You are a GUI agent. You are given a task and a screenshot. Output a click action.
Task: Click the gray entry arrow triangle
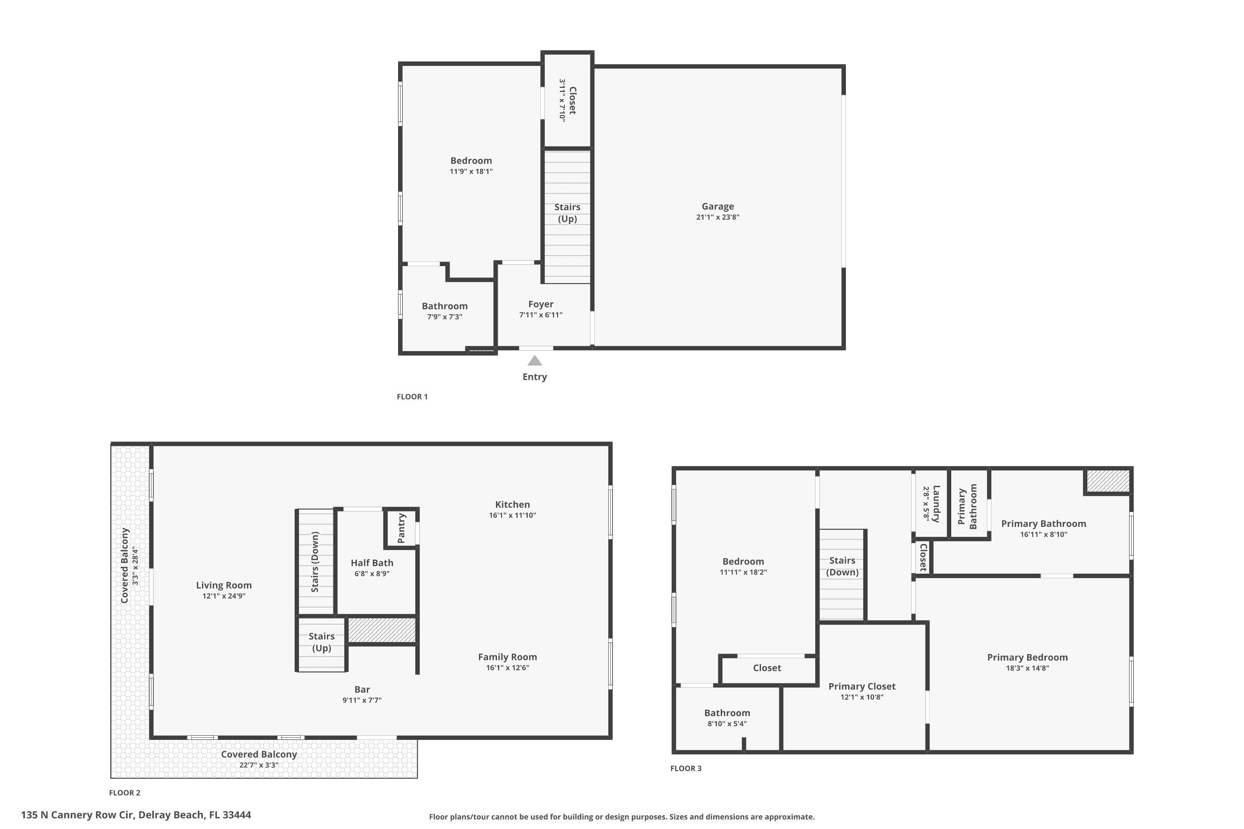(535, 361)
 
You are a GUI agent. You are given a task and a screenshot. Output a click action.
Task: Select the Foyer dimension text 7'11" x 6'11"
(541, 315)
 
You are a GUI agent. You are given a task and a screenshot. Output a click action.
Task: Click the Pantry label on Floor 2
(401, 528)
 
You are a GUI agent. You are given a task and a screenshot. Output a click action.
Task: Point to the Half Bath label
(372, 563)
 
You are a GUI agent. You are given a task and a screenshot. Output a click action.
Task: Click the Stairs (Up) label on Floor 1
(567, 213)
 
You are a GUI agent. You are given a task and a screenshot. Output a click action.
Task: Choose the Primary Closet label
(862, 686)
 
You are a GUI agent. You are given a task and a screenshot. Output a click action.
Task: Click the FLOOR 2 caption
(125, 793)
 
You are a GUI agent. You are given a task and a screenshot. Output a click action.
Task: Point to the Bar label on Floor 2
(362, 689)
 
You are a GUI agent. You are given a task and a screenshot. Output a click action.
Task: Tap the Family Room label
(507, 657)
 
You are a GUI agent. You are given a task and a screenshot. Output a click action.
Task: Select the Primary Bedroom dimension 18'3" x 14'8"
(1027, 668)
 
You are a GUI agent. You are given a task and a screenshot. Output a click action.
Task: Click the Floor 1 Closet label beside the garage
(572, 100)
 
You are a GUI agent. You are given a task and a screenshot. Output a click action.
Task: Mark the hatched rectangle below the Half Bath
(382, 630)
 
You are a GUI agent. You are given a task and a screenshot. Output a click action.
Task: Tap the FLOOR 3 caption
(685, 768)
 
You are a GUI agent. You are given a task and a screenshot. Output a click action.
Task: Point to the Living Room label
(224, 585)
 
